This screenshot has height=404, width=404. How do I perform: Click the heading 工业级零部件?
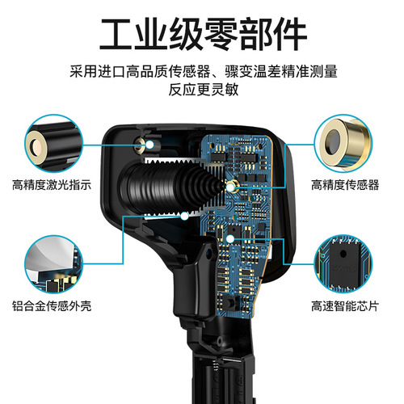click(x=202, y=35)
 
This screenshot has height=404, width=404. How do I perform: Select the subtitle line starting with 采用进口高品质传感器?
click(x=202, y=72)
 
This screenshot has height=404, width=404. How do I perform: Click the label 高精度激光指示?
click(x=51, y=184)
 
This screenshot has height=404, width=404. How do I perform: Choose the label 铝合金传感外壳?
click(x=51, y=306)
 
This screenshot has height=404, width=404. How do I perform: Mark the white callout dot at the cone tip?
click(x=231, y=185)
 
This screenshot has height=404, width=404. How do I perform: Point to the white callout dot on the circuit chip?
click(x=229, y=238)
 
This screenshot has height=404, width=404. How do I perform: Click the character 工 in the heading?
click(x=116, y=35)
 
